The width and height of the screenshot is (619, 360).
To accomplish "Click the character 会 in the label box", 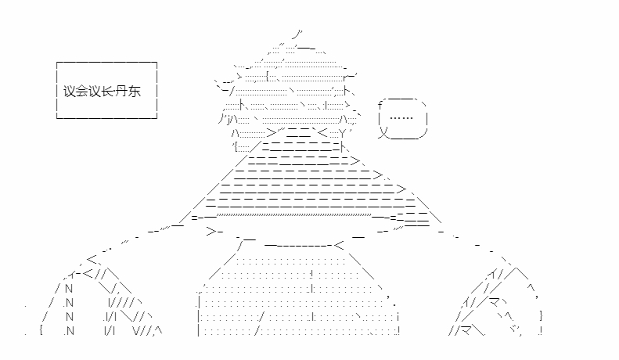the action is pos(82,92).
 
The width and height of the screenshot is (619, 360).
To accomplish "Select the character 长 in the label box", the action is pos(107,92).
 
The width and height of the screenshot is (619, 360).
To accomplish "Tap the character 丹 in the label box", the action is pos(122,92).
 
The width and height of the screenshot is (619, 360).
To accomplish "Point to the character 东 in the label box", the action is pos(135,92).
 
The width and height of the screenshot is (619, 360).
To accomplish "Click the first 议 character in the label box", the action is pos(70,92).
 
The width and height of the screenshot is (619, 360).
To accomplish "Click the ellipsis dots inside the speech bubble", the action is pos(401,117).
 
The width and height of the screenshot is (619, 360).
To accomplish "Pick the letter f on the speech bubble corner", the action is pos(380,106).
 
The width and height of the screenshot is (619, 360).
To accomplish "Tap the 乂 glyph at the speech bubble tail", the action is pos(383,132).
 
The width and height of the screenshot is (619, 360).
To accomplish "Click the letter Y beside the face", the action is pos(342,133).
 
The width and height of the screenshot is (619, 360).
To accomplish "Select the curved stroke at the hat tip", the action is pos(297,34).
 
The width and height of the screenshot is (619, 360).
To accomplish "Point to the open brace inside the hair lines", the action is pos(268,76).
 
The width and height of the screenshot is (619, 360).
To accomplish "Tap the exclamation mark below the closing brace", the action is pos(541,330).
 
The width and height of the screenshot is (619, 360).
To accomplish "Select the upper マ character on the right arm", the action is pos(495,303).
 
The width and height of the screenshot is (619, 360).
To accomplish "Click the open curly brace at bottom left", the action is pos(41,329).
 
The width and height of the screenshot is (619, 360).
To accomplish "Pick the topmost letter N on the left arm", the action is pos(69,289).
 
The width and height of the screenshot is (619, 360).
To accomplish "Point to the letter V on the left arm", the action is pos(137,330).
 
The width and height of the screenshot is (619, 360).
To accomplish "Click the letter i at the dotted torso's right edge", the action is pos(398,317).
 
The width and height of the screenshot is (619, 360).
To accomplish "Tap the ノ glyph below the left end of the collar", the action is pos(240,247).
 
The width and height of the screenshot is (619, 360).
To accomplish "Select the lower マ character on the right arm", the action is pos(466,330).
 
